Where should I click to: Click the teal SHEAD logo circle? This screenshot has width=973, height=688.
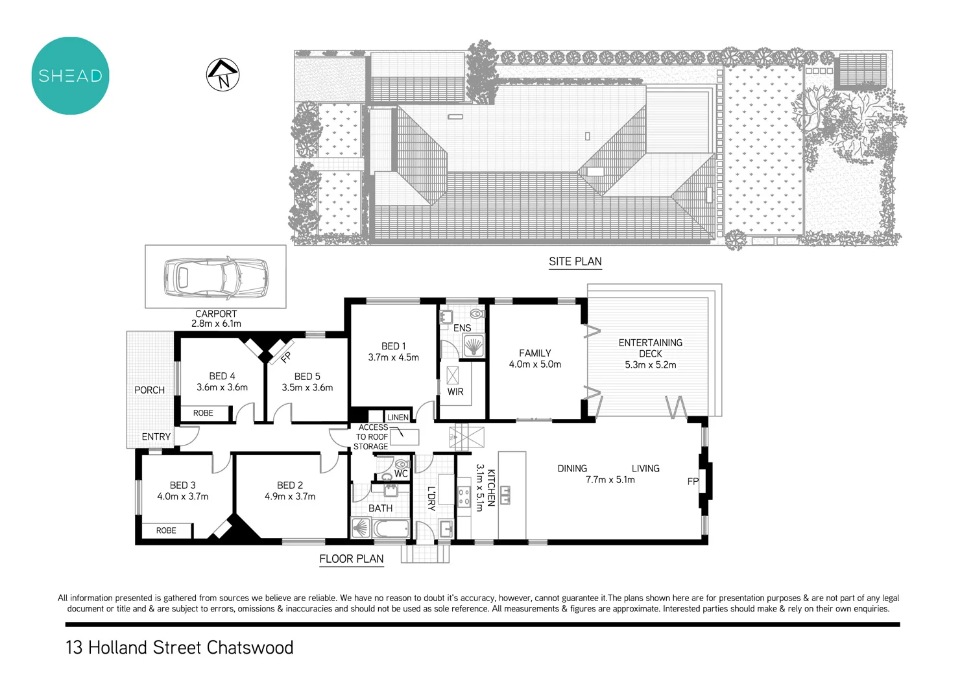coord(70,76)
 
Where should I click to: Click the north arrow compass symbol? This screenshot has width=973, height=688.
coord(222,75)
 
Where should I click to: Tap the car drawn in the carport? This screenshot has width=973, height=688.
coord(215,278)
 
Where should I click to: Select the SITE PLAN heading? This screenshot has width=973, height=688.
coord(575,261)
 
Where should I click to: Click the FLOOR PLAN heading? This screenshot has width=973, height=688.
coord(351,559)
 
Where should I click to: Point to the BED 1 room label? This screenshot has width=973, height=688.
coord(393,346)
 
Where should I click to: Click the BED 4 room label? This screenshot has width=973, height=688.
coord(222,376)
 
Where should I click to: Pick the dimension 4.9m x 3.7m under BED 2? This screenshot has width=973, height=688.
coord(290,497)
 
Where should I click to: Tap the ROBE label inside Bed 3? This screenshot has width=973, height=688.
coord(166,530)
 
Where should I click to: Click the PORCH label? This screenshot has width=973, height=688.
coord(149,390)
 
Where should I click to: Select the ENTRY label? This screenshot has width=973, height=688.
coord(156,437)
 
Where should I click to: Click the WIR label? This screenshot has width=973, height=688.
coord(455,392)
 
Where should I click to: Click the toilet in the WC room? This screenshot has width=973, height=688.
coord(402,464)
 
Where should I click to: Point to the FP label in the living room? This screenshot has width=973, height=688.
coord(693,482)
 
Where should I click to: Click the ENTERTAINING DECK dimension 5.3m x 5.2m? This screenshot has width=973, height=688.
coord(650,365)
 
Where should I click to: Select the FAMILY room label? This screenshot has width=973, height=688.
coord(535,353)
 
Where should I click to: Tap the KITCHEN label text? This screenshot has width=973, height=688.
coord(491,488)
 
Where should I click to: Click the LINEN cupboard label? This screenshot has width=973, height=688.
coord(398,418)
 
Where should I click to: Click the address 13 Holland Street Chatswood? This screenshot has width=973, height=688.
coord(180,648)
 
